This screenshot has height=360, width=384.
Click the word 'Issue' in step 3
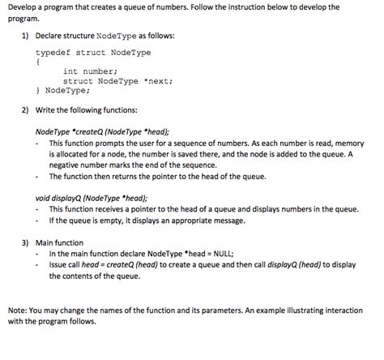click(60, 264)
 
